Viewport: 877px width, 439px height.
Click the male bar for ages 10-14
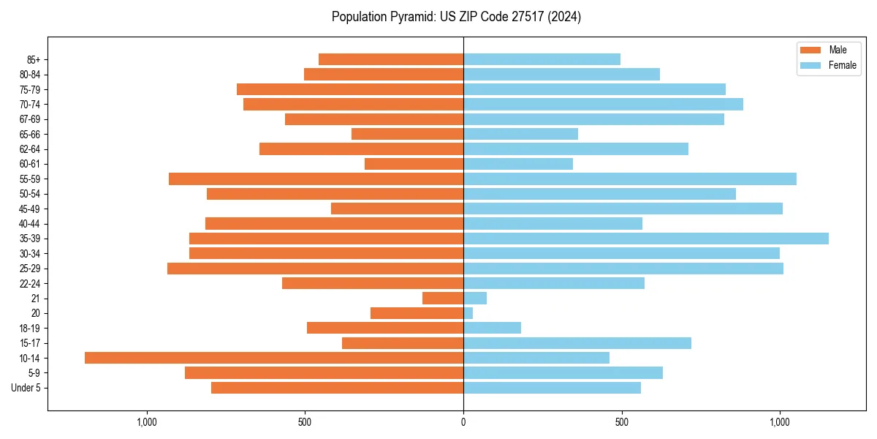(274, 358)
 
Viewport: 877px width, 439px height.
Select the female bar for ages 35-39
(646, 239)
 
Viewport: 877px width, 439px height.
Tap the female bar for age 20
(468, 313)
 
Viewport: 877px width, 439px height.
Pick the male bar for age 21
(443, 298)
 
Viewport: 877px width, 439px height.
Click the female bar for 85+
(542, 59)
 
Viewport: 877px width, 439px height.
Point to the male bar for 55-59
(316, 179)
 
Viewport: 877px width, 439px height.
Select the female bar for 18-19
(492, 328)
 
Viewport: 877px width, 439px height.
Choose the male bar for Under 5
(337, 388)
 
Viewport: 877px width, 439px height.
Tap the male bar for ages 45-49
(397, 209)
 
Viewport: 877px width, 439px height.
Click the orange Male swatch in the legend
(811, 50)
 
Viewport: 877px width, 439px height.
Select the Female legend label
(842, 65)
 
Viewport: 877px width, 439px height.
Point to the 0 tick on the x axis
(463, 422)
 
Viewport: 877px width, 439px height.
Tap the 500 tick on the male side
(305, 422)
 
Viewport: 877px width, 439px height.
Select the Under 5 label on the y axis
(26, 388)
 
